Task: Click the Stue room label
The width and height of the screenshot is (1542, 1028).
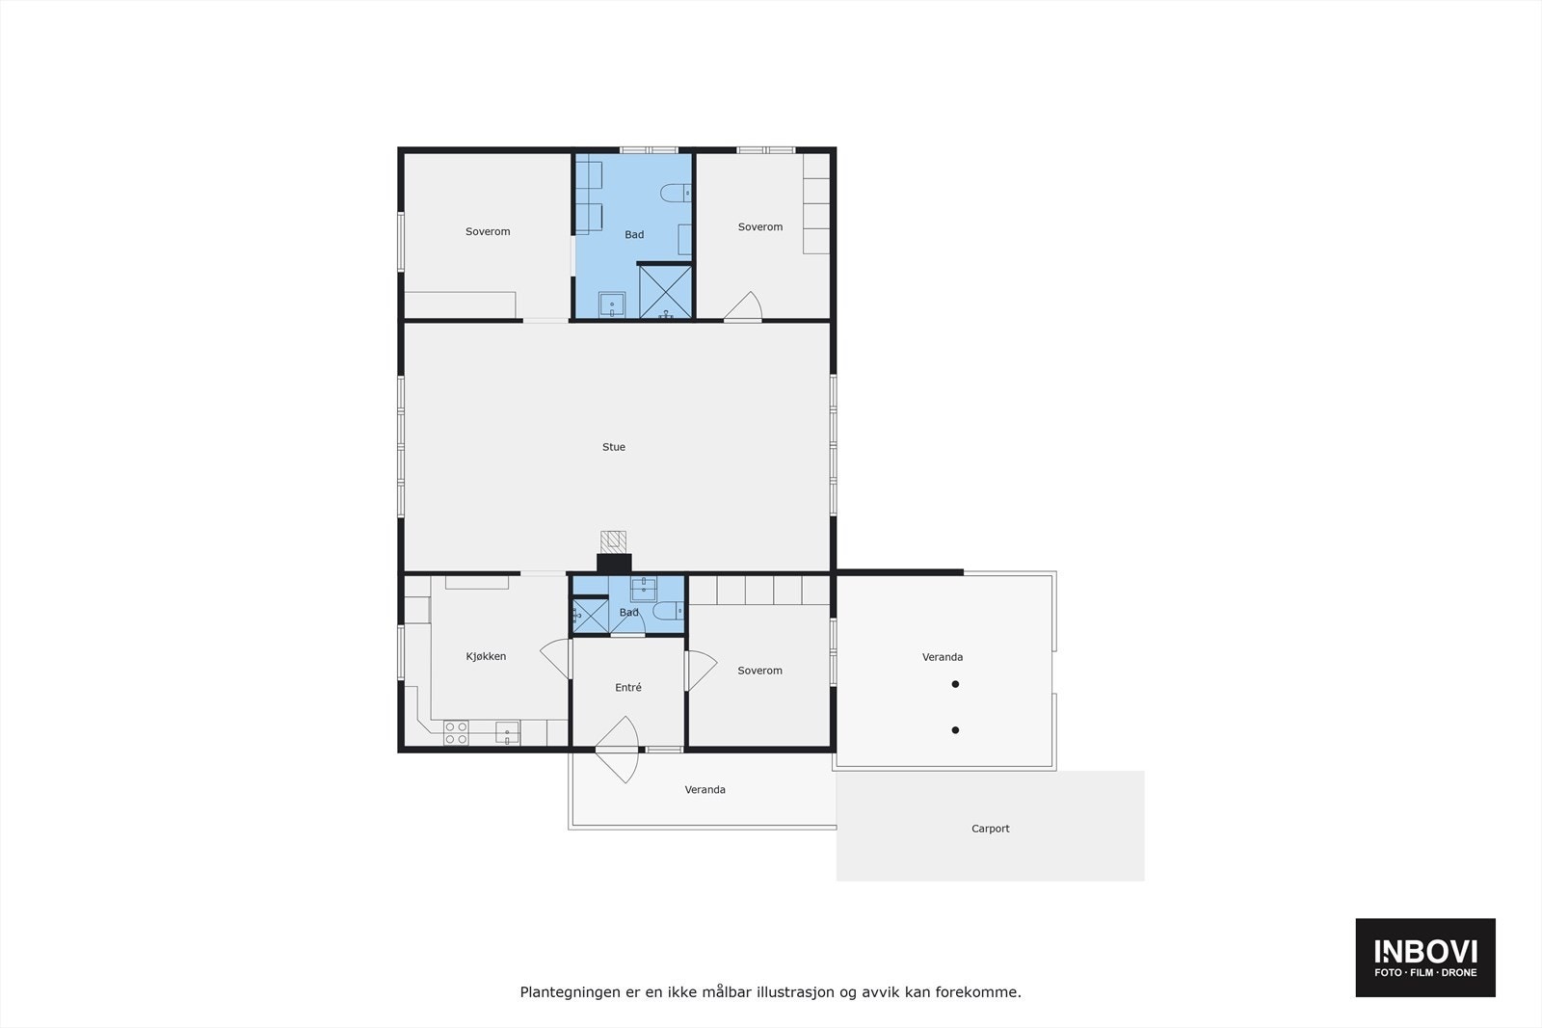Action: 614,447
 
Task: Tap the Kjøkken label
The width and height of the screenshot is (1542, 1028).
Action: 486,656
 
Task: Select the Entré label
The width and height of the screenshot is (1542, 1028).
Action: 628,687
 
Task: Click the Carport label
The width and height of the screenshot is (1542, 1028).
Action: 991,829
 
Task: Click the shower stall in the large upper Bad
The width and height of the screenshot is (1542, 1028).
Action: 666,292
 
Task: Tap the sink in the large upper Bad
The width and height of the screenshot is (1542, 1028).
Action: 611,305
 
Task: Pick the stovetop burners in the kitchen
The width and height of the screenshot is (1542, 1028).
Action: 456,733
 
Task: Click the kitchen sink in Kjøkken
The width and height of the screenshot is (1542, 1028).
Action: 508,733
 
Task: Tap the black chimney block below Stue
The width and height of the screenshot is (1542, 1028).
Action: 614,564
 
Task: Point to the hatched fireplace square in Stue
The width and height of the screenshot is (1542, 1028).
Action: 614,540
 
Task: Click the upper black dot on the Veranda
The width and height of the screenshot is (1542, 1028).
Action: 955,684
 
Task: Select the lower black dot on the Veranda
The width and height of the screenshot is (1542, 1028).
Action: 955,730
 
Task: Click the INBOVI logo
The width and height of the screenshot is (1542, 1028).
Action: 1425,957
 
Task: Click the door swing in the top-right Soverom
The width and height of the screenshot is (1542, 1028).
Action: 744,306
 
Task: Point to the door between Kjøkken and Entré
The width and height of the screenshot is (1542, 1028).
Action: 555,659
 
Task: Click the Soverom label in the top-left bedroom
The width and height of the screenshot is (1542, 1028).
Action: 488,231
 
